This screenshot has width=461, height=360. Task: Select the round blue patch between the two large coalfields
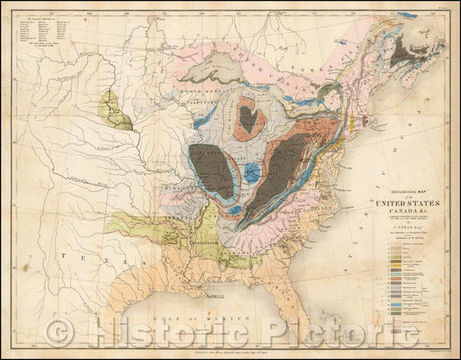(252, 171)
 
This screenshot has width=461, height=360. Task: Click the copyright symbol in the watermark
(61, 329)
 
